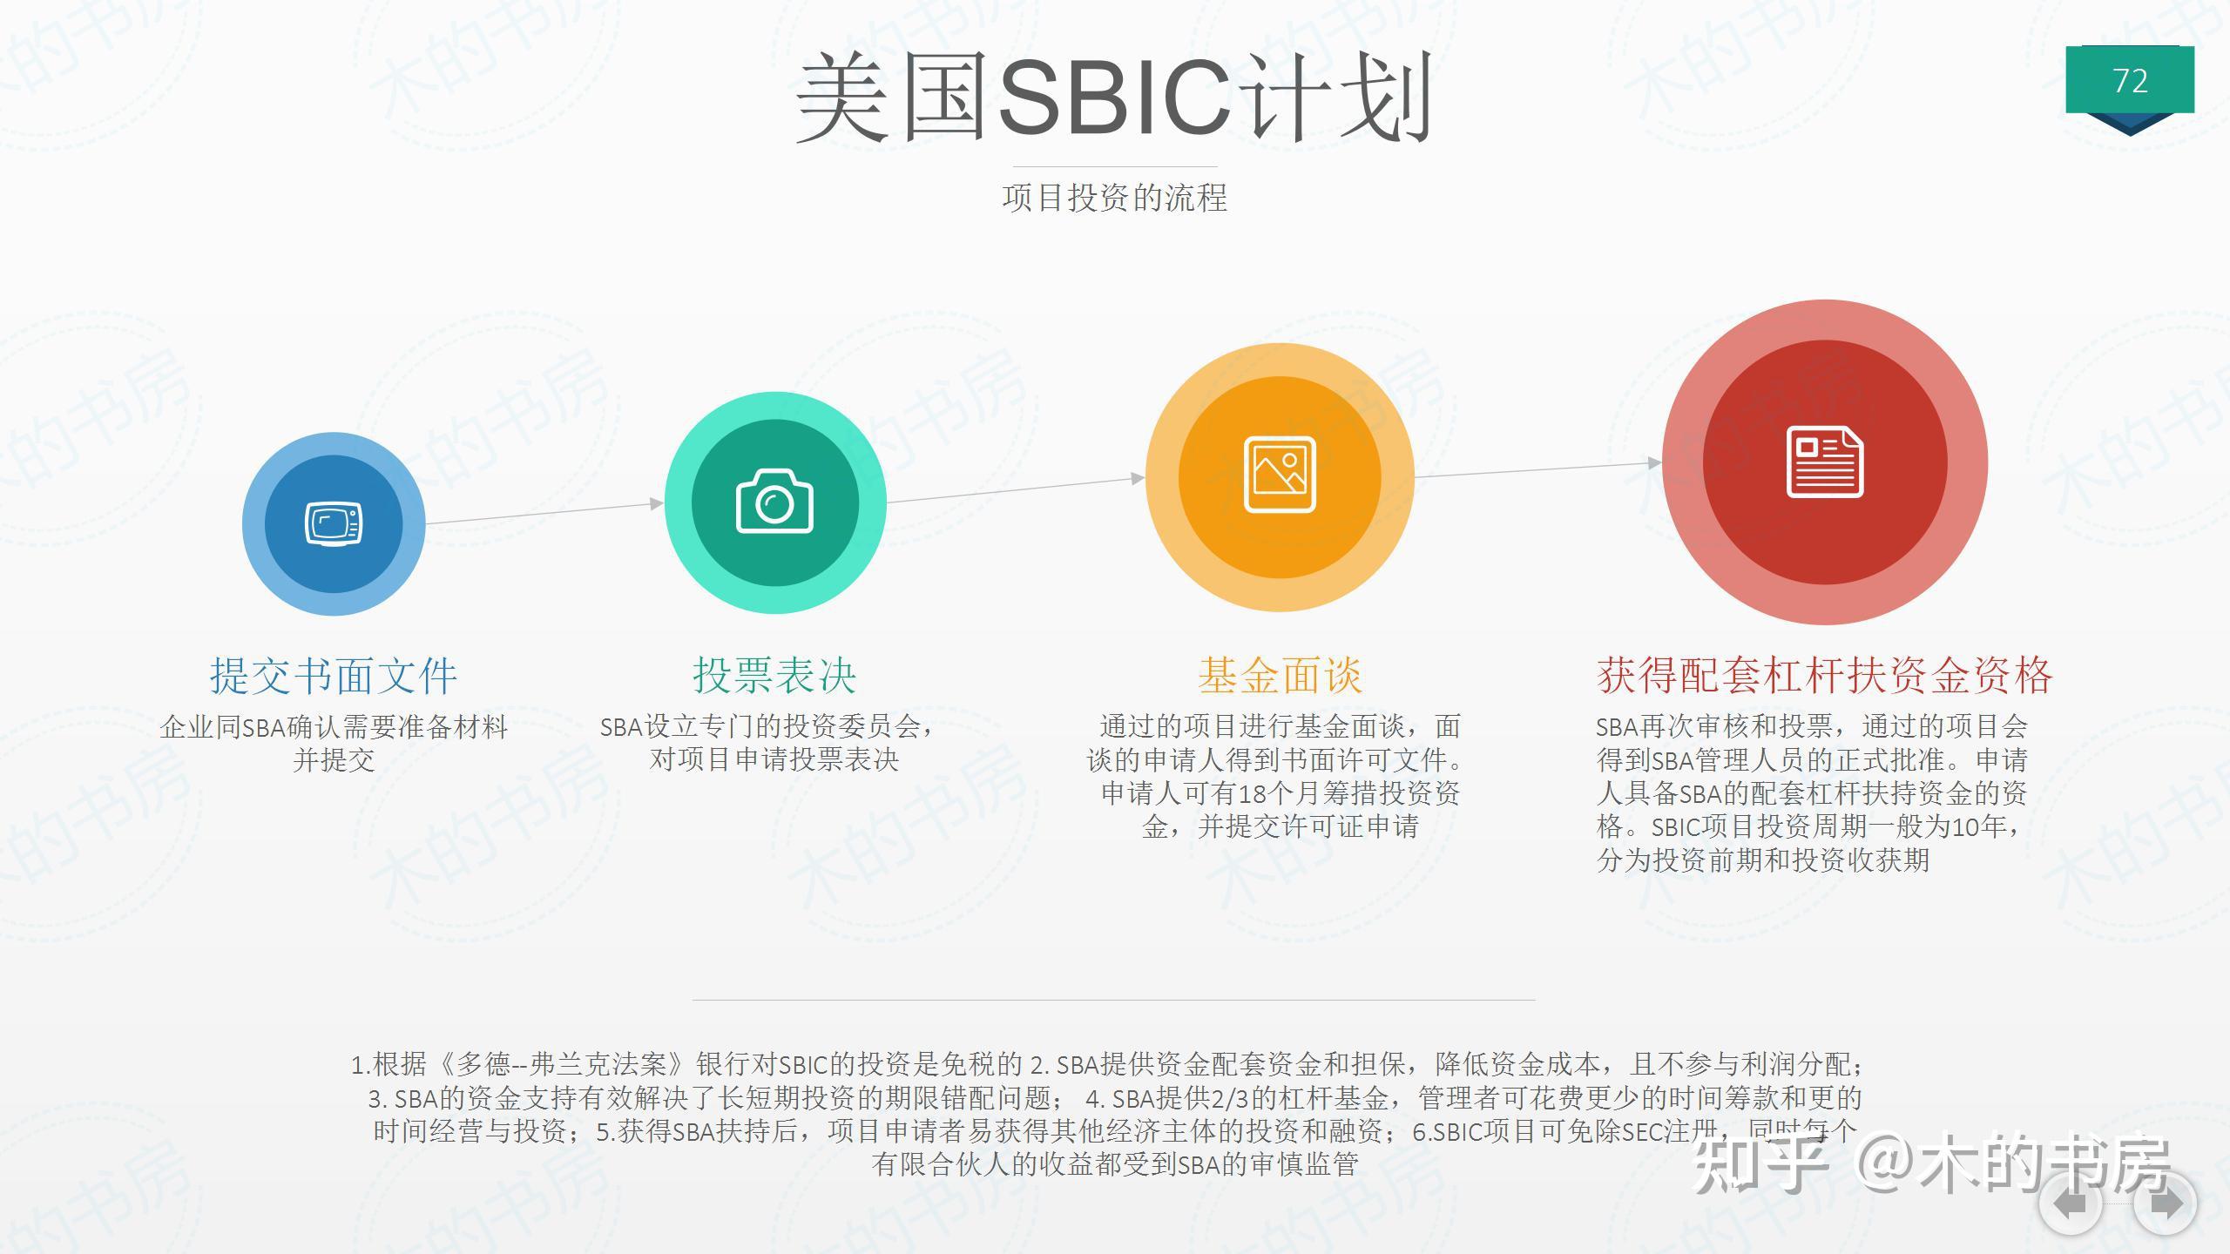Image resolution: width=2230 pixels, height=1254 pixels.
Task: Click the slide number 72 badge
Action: (2129, 81)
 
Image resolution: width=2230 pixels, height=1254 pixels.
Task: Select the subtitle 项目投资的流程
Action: (1114, 198)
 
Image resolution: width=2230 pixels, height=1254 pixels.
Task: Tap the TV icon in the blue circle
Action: (334, 524)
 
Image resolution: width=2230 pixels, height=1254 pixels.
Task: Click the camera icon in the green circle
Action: (774, 502)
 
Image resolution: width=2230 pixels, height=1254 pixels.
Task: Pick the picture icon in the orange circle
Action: (1280, 475)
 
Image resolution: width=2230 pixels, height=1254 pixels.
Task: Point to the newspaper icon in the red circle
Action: (1825, 462)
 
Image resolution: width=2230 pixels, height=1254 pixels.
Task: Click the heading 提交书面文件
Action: (334, 676)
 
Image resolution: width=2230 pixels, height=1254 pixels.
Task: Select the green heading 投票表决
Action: (774, 676)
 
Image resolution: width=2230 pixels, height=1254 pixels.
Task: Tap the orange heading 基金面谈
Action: (1280, 676)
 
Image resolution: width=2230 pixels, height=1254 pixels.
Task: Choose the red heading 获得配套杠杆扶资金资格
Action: (1825, 676)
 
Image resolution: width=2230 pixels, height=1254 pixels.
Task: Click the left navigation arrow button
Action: (2071, 1204)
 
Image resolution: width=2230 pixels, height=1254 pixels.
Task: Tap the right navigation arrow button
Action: (2166, 1204)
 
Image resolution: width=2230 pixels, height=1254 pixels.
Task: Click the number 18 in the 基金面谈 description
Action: (1252, 794)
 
